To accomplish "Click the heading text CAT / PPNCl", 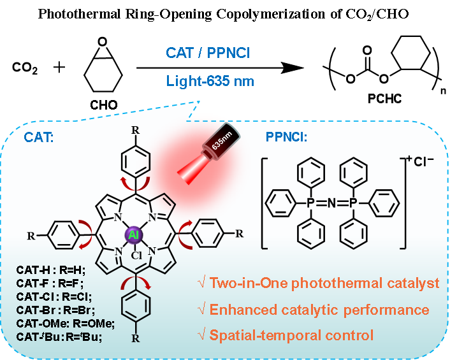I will [208, 52].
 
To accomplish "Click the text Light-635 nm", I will [210, 81].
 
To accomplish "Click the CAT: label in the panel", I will [39, 137].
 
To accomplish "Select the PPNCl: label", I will [286, 137].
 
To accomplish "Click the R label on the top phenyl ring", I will [134, 131].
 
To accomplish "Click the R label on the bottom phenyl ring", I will [134, 338].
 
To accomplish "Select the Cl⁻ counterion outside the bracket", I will [425, 162].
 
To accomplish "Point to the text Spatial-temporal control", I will [286, 335].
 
